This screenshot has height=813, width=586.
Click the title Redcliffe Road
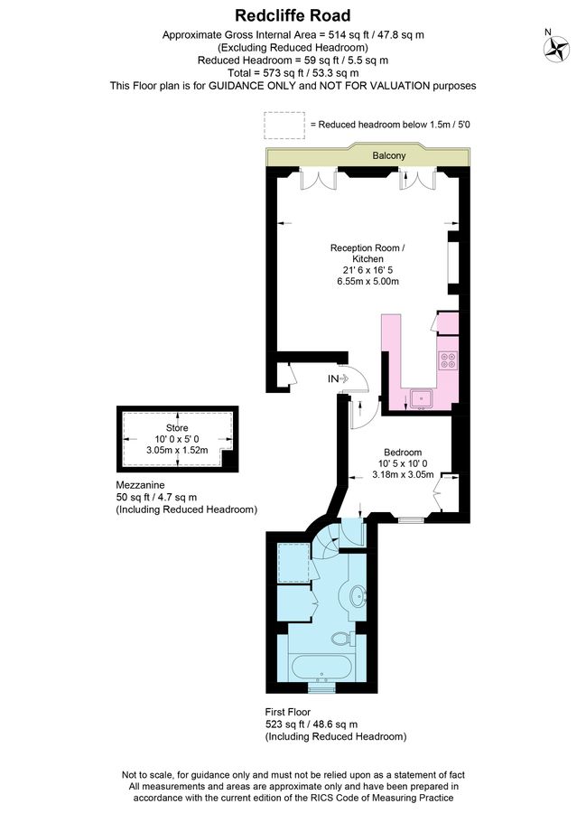(293, 15)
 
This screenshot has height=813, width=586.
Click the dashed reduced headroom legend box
(284, 125)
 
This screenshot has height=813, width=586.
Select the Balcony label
(389, 156)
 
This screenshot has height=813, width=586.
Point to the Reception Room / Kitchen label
(367, 254)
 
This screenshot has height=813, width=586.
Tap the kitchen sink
(421, 397)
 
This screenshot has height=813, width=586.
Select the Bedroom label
(402, 453)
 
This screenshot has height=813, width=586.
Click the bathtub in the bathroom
(321, 668)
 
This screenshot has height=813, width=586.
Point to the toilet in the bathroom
(341, 638)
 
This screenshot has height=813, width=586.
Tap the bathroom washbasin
(358, 595)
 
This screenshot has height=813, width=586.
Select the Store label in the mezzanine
(176, 427)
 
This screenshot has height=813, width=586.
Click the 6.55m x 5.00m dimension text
(367, 282)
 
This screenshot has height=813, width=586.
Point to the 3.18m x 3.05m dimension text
(402, 474)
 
